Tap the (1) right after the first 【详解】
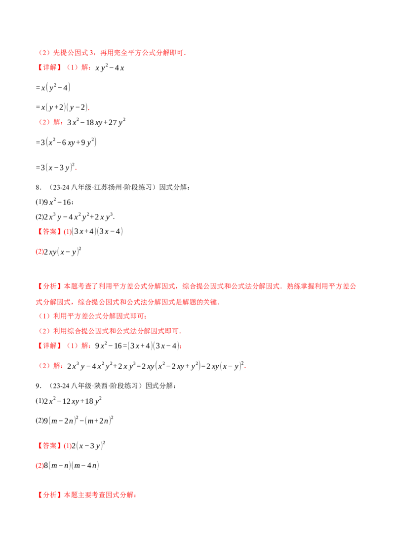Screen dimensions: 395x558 point(73,68)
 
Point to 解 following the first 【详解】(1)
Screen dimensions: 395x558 point(85,68)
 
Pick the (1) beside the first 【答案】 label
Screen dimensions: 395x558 point(68,232)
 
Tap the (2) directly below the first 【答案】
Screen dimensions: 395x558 point(40,252)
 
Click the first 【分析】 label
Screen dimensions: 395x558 point(49,285)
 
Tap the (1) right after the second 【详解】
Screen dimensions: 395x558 point(73,346)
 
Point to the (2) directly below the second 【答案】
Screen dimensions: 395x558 point(40,466)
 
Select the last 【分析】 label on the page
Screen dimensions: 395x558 point(49,495)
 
